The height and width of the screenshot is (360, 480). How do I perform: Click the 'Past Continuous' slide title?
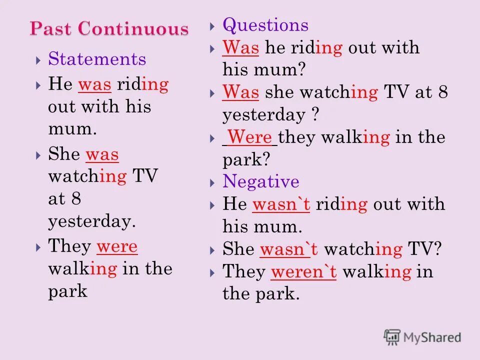(x=109, y=29)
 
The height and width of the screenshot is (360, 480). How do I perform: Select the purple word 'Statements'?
(x=97, y=59)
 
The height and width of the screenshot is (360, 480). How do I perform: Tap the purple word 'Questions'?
(x=265, y=25)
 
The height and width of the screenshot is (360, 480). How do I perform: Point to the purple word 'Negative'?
(x=261, y=181)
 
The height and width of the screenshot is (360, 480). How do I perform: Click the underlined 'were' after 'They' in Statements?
(x=117, y=246)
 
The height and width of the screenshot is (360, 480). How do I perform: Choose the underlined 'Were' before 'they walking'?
(x=249, y=137)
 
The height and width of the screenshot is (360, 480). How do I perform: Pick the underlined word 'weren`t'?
(x=303, y=271)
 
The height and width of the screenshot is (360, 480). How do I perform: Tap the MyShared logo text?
(x=432, y=337)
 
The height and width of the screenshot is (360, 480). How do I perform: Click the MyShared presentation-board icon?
(x=392, y=337)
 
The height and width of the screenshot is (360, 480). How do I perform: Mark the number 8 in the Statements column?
(x=76, y=199)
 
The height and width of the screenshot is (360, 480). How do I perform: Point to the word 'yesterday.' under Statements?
(x=92, y=221)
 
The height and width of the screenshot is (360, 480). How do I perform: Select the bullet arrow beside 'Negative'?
(x=212, y=181)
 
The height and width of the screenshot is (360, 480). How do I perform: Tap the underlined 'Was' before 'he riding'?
(x=240, y=48)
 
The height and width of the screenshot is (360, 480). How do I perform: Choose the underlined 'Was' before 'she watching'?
(x=240, y=92)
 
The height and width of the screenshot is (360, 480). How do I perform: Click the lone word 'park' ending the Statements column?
(x=67, y=291)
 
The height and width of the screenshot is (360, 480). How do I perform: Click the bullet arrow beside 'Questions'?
(x=212, y=26)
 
